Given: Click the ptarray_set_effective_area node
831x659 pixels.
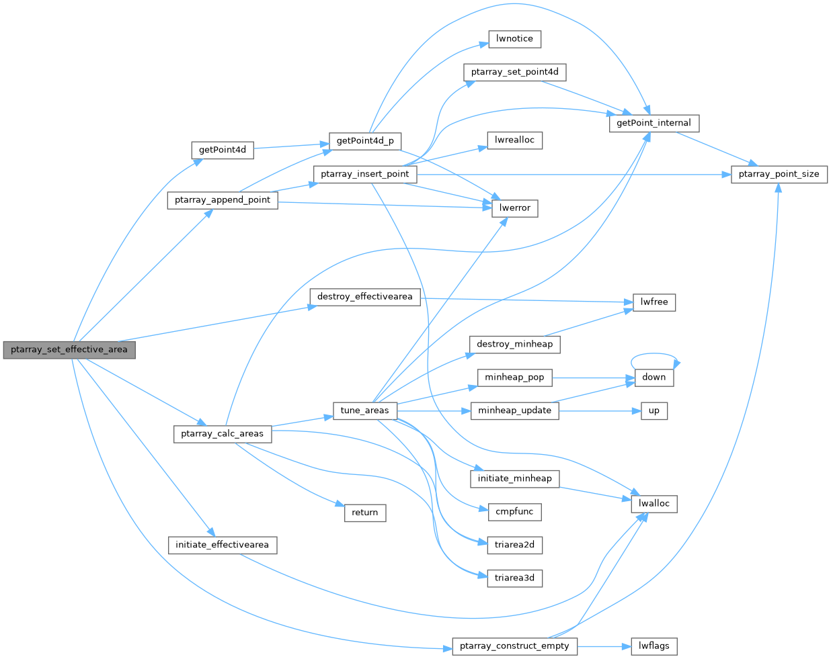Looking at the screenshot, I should [69, 350].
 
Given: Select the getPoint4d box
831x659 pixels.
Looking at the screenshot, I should [223, 150].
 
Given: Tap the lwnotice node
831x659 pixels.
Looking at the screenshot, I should [514, 39].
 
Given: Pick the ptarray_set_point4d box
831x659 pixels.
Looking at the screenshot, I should [514, 72].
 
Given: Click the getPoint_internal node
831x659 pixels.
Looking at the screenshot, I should [654, 124].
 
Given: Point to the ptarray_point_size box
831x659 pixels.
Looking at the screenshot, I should [779, 174].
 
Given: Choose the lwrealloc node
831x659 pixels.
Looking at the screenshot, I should [514, 140].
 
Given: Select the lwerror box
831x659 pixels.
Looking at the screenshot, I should [514, 208].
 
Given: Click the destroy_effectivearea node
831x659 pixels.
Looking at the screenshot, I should [364, 297].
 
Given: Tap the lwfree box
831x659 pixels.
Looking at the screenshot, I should [654, 302].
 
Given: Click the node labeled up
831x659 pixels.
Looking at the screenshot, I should [654, 410].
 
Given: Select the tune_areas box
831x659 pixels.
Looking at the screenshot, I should [365, 410].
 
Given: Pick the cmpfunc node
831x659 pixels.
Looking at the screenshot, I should [514, 512].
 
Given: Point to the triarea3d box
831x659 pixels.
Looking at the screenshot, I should [514, 578].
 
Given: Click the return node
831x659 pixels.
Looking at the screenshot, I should [364, 513].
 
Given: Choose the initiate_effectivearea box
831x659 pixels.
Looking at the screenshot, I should [222, 545].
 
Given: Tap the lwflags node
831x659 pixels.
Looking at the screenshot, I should [654, 646].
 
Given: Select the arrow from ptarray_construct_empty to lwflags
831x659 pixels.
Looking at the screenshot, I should [604, 646].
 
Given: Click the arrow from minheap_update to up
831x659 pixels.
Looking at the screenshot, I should [595, 410].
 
